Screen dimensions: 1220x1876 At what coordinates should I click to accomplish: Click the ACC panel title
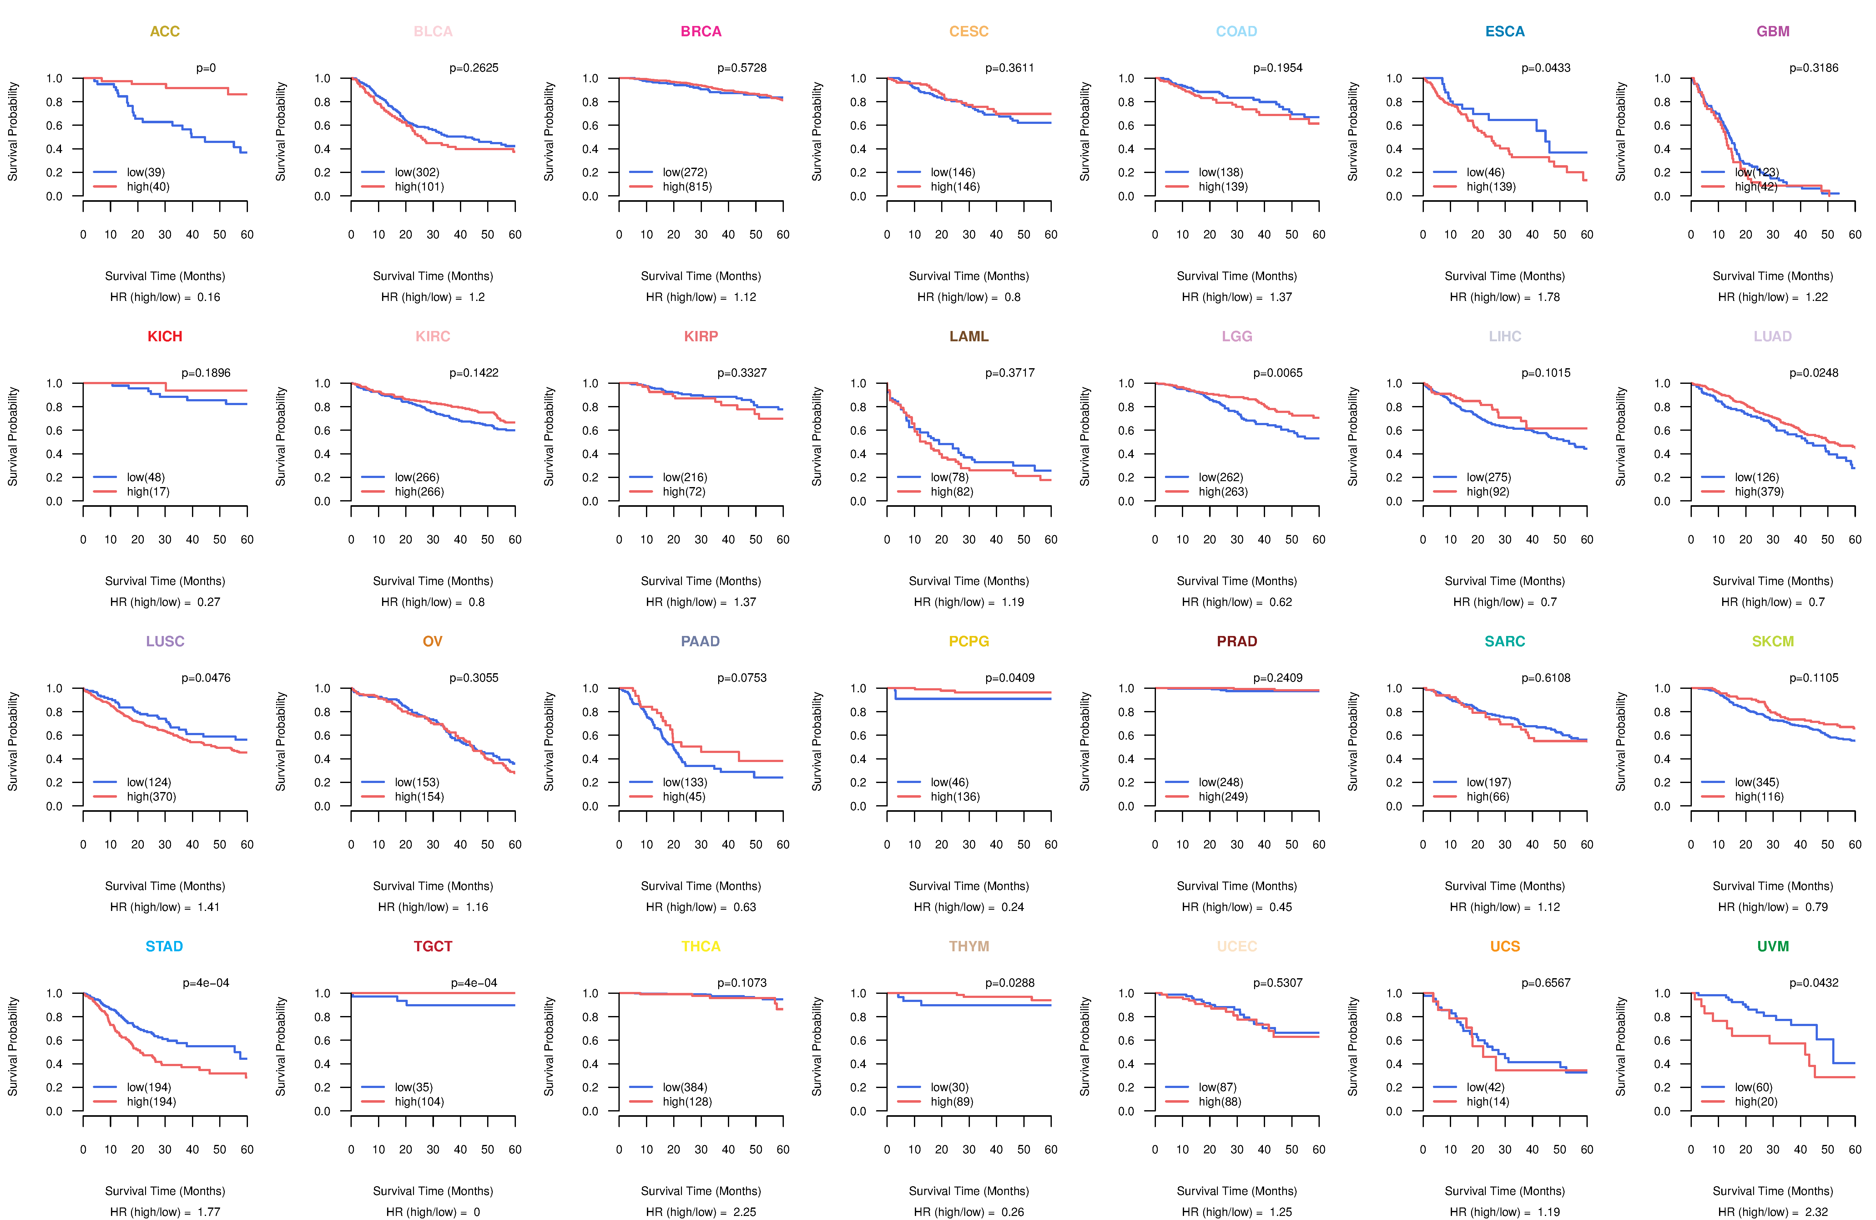[165, 32]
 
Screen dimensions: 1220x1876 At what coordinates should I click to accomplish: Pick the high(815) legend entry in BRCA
[687, 187]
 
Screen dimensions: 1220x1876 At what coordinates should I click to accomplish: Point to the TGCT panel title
[433, 946]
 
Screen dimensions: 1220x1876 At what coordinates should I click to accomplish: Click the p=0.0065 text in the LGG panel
[1278, 373]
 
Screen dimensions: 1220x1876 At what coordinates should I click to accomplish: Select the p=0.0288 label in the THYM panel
[1010, 983]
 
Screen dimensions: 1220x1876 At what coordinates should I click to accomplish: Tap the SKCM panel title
[1773, 641]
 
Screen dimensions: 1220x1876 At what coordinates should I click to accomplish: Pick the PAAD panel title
[701, 641]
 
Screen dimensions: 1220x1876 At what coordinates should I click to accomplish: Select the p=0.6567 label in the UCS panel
[1546, 983]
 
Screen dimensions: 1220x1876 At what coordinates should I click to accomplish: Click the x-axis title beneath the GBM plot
[1773, 276]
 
